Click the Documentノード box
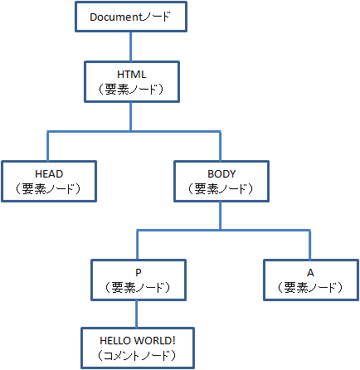point(131,17)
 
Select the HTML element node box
point(132,82)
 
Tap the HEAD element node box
point(49,182)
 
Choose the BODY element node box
point(221,182)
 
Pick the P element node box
point(139,280)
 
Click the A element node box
point(311,280)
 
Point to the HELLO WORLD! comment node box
point(138,348)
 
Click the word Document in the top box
point(116,17)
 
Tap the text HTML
point(132,75)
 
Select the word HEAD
point(49,174)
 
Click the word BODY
point(221,174)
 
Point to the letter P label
point(139,273)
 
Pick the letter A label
point(310,273)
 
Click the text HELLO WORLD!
point(138,341)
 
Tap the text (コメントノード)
point(137,355)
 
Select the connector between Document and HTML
point(131,46)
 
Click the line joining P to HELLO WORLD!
point(137,314)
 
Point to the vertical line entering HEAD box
point(48,146)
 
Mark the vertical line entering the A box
point(309,245)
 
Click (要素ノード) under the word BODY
point(221,189)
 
